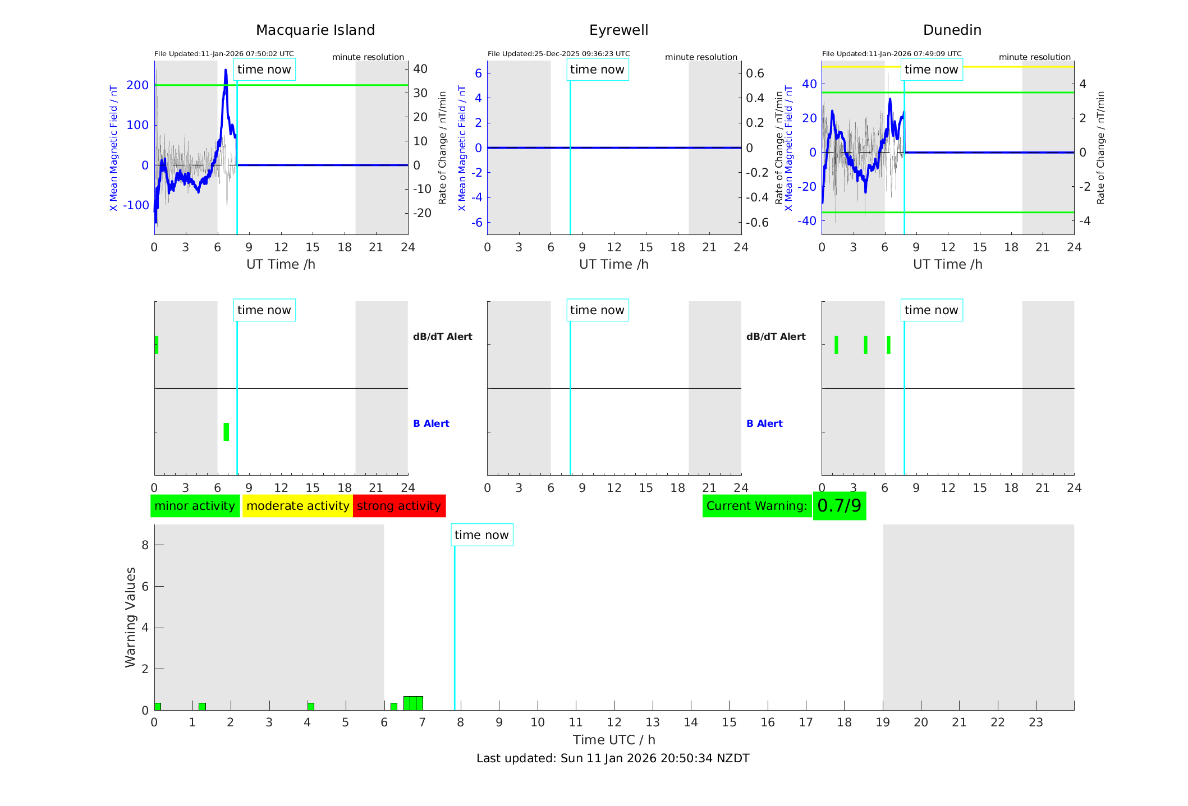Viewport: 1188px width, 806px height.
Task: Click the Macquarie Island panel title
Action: pyautogui.click(x=315, y=30)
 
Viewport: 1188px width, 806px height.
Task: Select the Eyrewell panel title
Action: pyautogui.click(x=618, y=30)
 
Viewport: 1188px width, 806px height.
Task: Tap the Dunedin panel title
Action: pyautogui.click(x=952, y=30)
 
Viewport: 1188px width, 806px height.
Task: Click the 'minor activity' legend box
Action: pyautogui.click(x=195, y=506)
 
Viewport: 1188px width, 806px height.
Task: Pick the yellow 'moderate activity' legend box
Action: pyautogui.click(x=297, y=506)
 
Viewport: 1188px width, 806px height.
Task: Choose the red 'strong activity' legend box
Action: pyautogui.click(x=399, y=506)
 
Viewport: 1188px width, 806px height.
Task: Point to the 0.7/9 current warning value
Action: pyautogui.click(x=839, y=506)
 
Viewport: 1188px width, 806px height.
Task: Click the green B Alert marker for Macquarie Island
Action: pyautogui.click(x=226, y=432)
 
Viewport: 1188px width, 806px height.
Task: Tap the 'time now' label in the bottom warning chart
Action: pyautogui.click(x=481, y=535)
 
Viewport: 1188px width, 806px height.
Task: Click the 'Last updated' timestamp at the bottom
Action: pyautogui.click(x=613, y=758)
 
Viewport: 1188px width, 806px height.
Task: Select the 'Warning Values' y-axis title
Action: pyautogui.click(x=131, y=617)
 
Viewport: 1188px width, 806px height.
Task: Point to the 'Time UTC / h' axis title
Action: pyautogui.click(x=614, y=740)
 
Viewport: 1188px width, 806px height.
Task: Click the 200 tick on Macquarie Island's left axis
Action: pyautogui.click(x=137, y=85)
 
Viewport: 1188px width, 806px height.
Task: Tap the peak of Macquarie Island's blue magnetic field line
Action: pyautogui.click(x=226, y=71)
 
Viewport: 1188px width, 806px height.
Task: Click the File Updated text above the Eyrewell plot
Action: pyautogui.click(x=558, y=54)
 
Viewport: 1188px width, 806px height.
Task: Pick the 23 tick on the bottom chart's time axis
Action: pyautogui.click(x=1035, y=722)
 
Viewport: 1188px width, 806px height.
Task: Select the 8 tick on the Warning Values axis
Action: pyautogui.click(x=145, y=545)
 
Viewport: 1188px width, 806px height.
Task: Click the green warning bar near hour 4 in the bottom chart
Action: pyautogui.click(x=311, y=706)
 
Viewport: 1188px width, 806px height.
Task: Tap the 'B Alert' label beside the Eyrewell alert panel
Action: pyautogui.click(x=764, y=423)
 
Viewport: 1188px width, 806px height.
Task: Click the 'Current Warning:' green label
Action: pyautogui.click(x=756, y=506)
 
